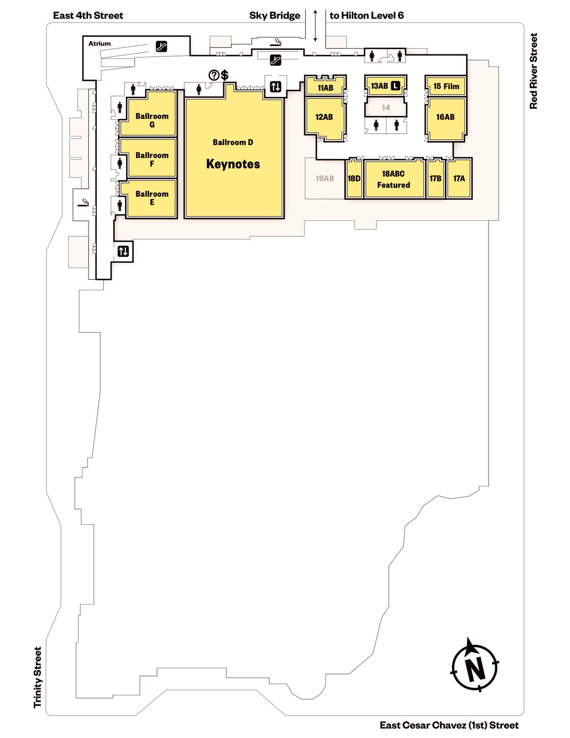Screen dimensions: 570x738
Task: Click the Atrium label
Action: point(99,44)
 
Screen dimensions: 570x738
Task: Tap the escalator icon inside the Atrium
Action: point(161,46)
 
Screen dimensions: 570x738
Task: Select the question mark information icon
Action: point(214,75)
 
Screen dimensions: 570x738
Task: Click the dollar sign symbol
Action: point(225,75)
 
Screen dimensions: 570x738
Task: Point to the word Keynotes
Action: point(233,164)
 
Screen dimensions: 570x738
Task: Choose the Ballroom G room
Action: point(149,114)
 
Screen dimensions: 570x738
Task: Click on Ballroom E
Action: point(149,198)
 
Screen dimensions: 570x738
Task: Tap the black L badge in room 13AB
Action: point(395,86)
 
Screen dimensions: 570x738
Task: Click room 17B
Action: point(436,179)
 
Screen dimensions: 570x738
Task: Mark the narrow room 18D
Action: point(354,179)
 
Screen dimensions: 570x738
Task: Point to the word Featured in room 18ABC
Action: point(393,185)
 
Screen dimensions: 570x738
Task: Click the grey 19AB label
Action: point(325,178)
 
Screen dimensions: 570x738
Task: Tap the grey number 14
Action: point(386,108)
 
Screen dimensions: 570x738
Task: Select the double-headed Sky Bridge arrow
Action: point(315,26)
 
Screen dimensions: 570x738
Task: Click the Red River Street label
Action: point(534,71)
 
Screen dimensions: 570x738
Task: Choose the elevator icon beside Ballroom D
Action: point(276,87)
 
